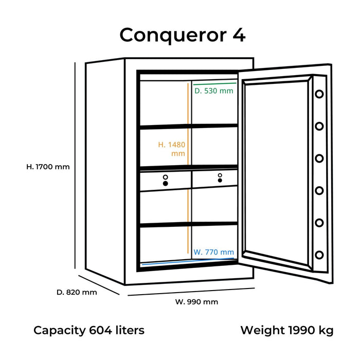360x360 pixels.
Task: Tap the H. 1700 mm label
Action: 48,167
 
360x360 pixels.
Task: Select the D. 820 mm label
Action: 76,292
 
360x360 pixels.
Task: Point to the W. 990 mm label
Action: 196,302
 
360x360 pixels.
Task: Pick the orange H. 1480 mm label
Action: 171,149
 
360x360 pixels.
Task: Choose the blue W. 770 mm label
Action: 214,253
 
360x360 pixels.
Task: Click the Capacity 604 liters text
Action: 89,330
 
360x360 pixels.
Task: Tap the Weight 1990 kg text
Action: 286,330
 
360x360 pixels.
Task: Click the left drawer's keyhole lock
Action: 165,180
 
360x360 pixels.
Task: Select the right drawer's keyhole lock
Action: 220,178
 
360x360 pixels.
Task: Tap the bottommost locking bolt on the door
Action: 319,255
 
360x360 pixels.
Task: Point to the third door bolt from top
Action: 319,158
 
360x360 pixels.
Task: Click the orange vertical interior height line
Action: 187,170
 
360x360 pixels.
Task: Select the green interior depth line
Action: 214,82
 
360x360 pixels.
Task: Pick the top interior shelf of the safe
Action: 188,125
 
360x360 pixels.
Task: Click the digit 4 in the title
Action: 238,35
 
